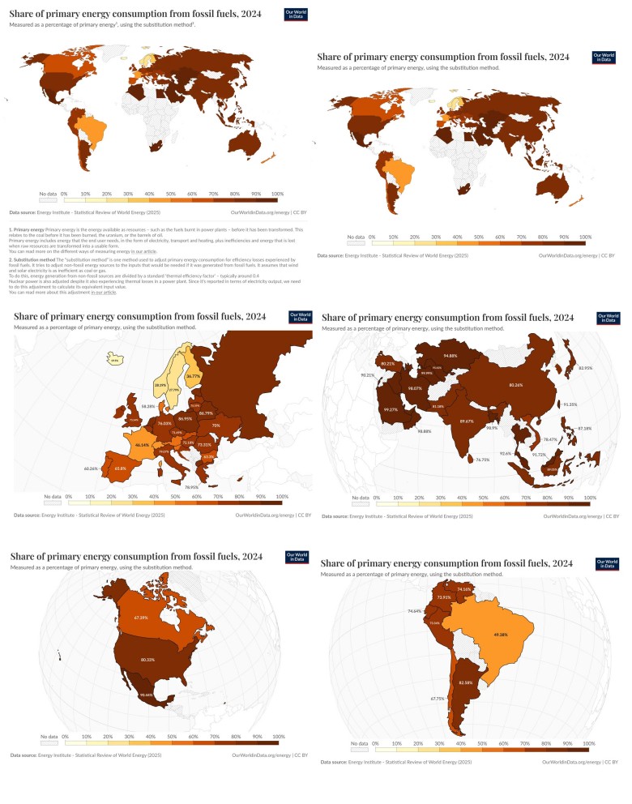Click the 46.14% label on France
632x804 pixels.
(x=143, y=445)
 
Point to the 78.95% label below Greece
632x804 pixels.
(x=191, y=487)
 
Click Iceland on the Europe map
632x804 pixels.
(x=115, y=361)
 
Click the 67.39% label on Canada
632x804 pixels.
(x=140, y=617)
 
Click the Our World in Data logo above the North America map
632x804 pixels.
(x=297, y=558)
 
